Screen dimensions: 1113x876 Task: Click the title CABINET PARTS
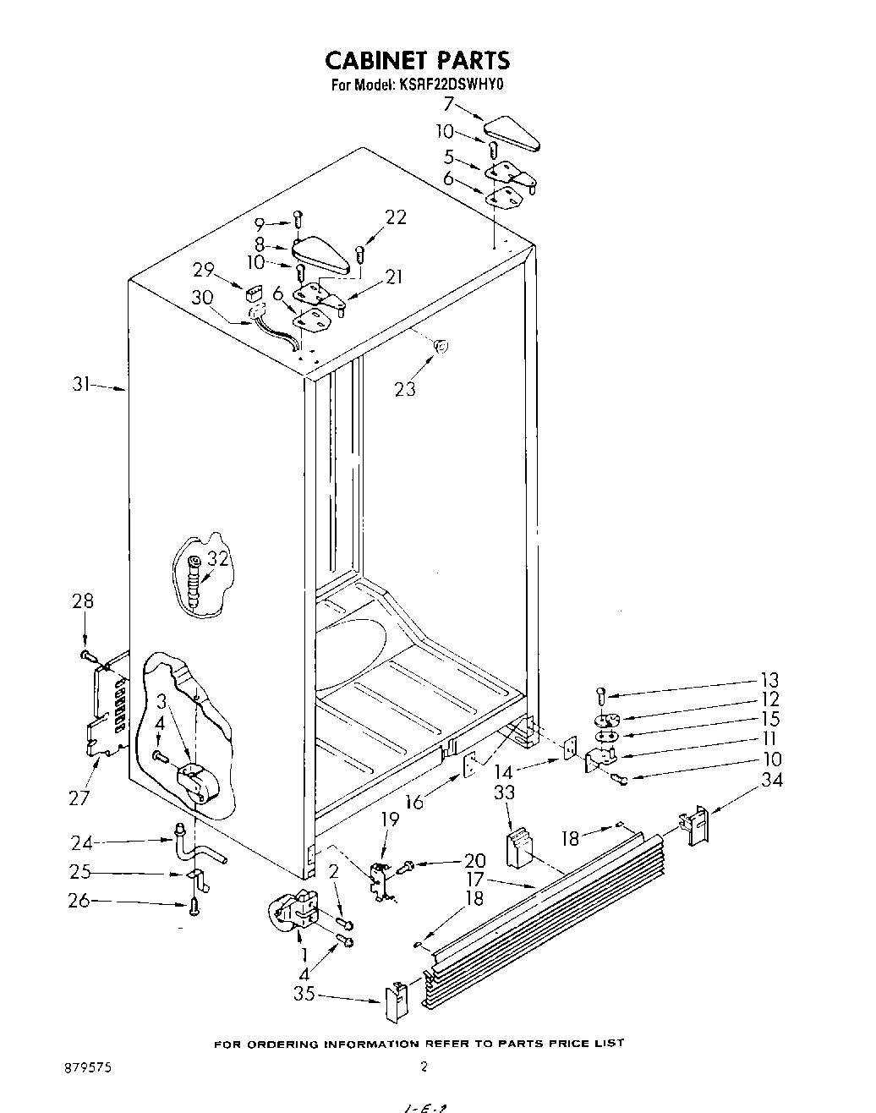point(418,60)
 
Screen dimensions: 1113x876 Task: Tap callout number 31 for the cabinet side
point(80,385)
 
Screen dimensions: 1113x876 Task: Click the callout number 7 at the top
point(449,105)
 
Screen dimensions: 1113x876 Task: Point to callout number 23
point(405,389)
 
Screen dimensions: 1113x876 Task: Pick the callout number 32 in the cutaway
point(218,558)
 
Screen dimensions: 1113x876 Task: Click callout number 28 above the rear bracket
point(83,601)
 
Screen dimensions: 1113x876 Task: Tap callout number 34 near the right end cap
point(771,779)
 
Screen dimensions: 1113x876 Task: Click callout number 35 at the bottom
point(304,995)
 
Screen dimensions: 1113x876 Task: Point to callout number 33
point(505,793)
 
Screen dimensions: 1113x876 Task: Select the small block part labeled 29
point(251,294)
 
